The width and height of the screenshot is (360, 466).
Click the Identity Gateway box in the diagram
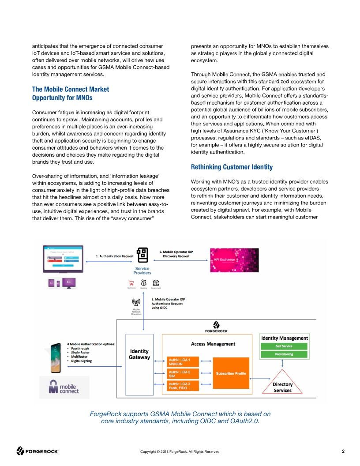coord(139,355)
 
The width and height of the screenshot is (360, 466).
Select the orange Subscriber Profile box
coord(231,373)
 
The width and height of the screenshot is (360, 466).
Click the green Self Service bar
coord(285,346)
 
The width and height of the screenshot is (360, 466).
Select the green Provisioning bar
coord(285,354)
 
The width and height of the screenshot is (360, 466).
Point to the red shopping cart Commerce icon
coord(131,283)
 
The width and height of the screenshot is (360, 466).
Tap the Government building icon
coord(155,283)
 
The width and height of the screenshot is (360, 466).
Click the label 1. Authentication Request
coord(116,256)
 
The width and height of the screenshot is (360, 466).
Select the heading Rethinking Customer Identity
coord(232,167)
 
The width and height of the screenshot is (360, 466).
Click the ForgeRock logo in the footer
coord(37,451)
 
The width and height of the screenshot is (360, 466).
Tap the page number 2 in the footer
coord(343,451)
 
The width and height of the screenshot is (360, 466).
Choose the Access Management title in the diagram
coord(213,344)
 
